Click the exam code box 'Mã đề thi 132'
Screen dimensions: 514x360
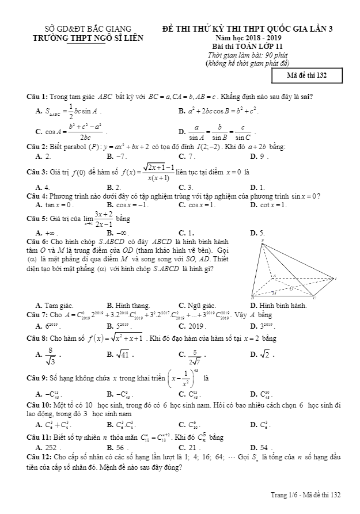click(x=307, y=75)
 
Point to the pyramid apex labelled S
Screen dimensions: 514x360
click(x=263, y=240)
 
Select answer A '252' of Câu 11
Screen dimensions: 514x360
click(x=47, y=446)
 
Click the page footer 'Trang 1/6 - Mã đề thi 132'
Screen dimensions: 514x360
click(x=306, y=495)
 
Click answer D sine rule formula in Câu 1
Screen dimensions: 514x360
click(x=221, y=132)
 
